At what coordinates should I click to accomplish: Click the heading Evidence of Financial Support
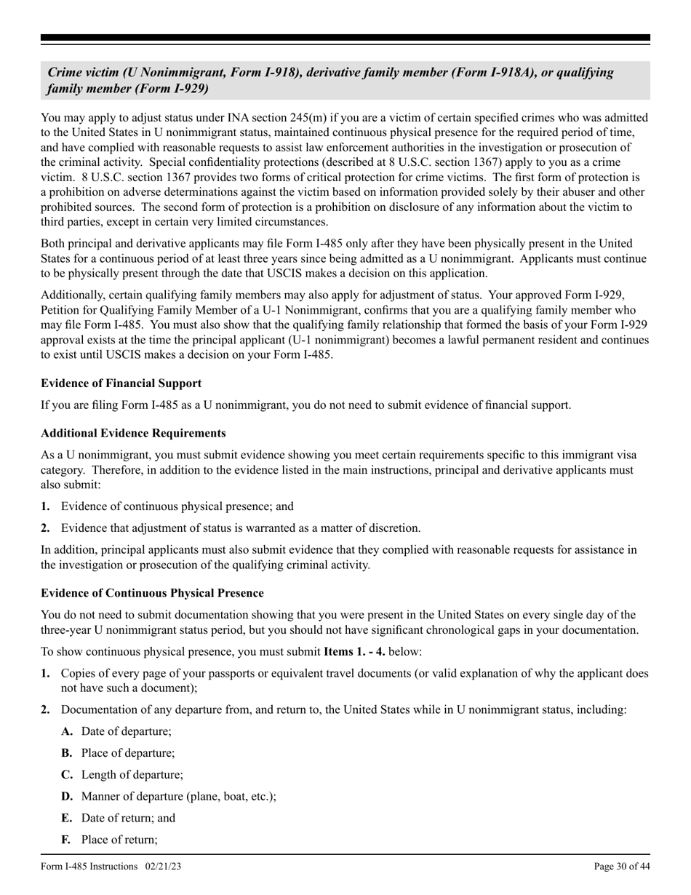[x=121, y=383]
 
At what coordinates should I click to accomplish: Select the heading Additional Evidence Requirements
[x=133, y=433]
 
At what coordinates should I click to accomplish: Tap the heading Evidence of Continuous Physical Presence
[x=152, y=593]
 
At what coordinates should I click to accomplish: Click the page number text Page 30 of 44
[x=622, y=866]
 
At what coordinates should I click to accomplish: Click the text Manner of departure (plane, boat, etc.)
[x=178, y=796]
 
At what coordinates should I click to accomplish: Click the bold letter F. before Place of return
[x=66, y=840]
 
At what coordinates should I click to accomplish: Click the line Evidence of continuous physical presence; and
[x=177, y=506]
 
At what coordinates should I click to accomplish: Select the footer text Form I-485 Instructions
[x=89, y=866]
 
